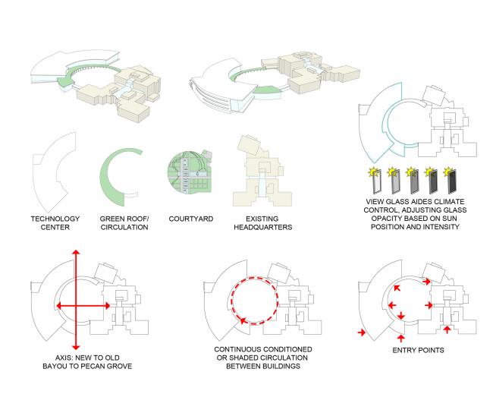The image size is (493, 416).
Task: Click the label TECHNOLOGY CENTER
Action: click(55, 222)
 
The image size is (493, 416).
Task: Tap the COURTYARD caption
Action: click(189, 219)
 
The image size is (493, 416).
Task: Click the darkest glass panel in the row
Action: click(453, 183)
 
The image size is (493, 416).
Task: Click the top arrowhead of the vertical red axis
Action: click(74, 253)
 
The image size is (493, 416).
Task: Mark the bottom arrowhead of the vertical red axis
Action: click(74, 342)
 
